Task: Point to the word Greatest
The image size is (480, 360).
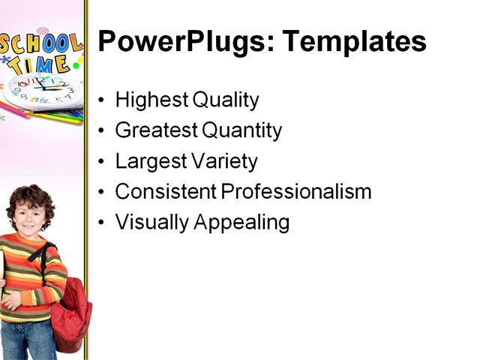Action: pyautogui.click(x=154, y=131)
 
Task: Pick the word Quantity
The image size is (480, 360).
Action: pyautogui.click(x=241, y=131)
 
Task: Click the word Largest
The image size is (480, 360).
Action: pyautogui.click(x=149, y=161)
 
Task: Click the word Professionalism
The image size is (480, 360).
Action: pyautogui.click(x=297, y=191)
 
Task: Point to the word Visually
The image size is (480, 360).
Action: pyautogui.click(x=151, y=223)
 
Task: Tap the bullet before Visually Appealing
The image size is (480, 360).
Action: pyautogui.click(x=102, y=223)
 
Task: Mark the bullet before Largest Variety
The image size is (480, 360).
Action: pyautogui.click(x=102, y=162)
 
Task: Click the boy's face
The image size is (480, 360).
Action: pyautogui.click(x=28, y=214)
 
